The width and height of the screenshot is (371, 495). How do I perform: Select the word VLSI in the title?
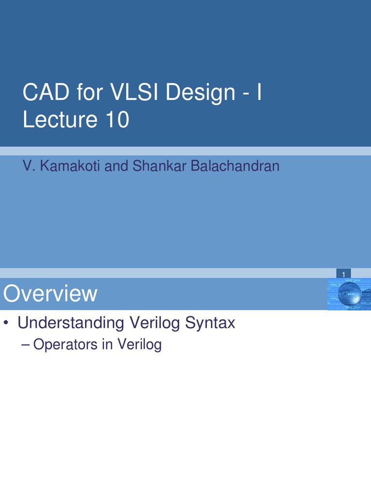pos(134,92)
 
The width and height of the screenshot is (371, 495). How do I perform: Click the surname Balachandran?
pos(235,166)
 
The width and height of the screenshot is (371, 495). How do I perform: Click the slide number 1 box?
pos(343,275)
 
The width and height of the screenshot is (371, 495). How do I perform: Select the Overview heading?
pos(50,294)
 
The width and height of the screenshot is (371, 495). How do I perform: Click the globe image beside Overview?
pos(349,294)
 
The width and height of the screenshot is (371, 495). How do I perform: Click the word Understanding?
pos(69,323)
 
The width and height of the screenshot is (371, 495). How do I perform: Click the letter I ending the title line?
pos(259,92)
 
